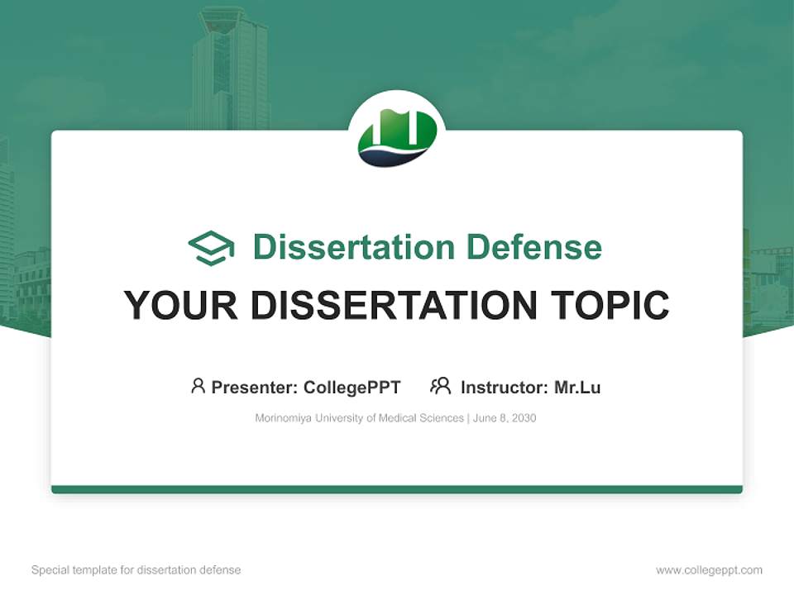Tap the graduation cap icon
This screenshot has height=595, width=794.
(211, 248)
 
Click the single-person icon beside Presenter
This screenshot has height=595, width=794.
(198, 386)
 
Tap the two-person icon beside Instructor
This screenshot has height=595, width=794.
(440, 386)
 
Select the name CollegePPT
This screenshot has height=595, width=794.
(352, 387)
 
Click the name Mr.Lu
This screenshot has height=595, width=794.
(577, 387)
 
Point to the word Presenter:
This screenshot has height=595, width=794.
(255, 387)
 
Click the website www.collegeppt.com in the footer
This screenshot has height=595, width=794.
(709, 570)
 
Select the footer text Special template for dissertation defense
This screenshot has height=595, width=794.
(136, 570)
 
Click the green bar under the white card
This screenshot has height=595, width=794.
(397, 489)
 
